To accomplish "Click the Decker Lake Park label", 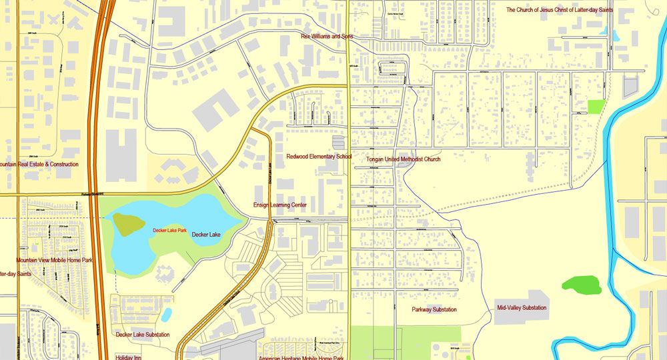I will (169, 230).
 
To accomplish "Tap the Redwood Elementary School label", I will (319, 157).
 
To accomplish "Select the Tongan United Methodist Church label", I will (404, 159).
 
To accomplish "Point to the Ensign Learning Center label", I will (279, 205).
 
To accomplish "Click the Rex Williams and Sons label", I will (327, 37).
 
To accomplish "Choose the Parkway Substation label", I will (434, 309).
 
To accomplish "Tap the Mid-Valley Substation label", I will (522, 308).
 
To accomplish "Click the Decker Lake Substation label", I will (143, 335).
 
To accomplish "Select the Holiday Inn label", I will (128, 357).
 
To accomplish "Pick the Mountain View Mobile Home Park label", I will (55, 260).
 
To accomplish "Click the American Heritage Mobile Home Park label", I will (301, 358).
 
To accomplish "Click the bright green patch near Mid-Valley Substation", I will (581, 285).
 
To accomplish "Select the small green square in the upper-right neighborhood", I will (596, 107).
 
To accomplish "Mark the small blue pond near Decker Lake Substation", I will (166, 314).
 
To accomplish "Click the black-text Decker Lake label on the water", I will (207, 235).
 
